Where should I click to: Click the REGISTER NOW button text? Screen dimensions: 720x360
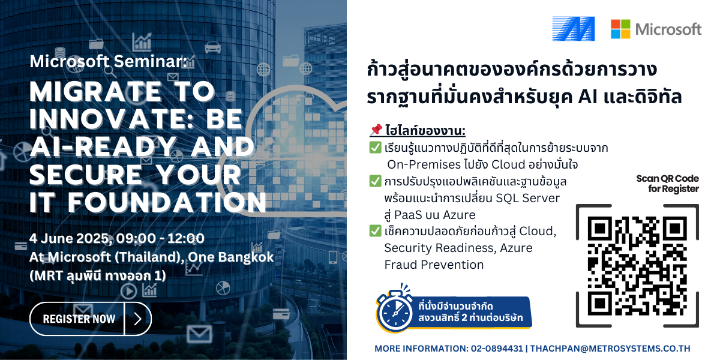[79, 319]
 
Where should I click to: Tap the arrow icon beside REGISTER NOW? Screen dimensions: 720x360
[138, 319]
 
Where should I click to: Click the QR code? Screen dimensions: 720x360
[637, 266]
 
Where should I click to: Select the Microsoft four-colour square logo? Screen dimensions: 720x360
[620, 29]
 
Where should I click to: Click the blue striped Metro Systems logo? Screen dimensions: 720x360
[574, 29]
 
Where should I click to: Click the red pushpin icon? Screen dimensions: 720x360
[376, 130]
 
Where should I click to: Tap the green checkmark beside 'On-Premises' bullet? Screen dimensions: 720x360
[375, 148]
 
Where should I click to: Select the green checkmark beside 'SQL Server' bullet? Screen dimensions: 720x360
[375, 181]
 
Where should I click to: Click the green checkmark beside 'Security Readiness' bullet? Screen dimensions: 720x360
[375, 231]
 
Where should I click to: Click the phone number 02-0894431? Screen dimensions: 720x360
[497, 349]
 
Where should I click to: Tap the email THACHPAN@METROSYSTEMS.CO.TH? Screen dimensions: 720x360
[610, 349]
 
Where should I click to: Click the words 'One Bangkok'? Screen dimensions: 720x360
[231, 257]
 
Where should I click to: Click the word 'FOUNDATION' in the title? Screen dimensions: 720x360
[167, 203]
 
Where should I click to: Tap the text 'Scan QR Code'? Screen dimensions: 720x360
[667, 179]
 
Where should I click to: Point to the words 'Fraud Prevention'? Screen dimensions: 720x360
[434, 265]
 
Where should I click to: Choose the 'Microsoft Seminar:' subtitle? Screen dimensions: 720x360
[109, 61]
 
